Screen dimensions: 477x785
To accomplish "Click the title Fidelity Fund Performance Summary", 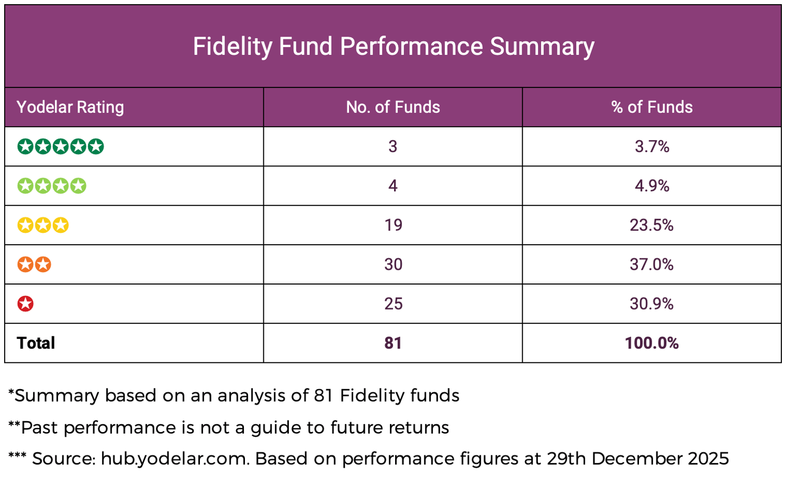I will (393, 47).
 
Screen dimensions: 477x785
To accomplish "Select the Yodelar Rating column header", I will (70, 107).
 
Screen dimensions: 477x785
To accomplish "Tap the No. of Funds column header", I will (393, 107).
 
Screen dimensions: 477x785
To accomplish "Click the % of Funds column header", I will (652, 107).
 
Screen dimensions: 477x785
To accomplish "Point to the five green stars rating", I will (61, 146).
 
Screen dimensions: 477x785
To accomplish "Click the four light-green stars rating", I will (52, 186).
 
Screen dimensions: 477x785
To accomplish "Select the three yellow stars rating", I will (43, 225).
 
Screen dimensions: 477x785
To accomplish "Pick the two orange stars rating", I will (34, 265).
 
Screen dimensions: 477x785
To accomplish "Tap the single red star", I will (26, 304).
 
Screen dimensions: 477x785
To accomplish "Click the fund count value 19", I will (393, 225).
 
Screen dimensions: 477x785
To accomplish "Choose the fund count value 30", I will (393, 265).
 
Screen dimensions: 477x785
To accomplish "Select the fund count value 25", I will (393, 304).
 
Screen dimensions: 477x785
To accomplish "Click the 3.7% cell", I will (652, 146).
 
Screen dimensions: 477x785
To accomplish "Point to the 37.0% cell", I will (652, 265).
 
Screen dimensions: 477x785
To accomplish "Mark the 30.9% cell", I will (652, 304).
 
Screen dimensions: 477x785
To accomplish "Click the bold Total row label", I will (36, 343).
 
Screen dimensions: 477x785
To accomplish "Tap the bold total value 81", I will (393, 343).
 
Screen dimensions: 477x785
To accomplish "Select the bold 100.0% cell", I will (652, 343).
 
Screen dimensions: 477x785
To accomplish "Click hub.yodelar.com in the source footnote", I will (174, 459).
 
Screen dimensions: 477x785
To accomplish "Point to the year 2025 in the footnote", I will (708, 459).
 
